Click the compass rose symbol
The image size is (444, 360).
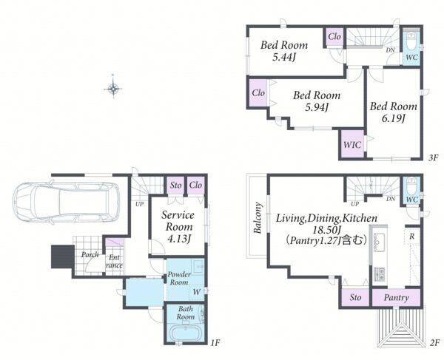[x=113, y=89]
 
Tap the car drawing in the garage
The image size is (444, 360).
[x=66, y=202]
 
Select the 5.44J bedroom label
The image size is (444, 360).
[x=284, y=51]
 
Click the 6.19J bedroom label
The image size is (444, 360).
[x=394, y=112]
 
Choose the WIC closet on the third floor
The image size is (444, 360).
[x=352, y=144]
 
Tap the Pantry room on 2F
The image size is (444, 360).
[x=396, y=297]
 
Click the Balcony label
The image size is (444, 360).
[x=258, y=217]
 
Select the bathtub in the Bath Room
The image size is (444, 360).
[x=186, y=333]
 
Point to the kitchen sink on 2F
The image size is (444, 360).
[x=378, y=242]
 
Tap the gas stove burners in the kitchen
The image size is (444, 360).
[x=379, y=274]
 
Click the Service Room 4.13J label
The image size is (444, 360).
[x=178, y=227]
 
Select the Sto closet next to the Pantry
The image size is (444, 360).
[x=355, y=297]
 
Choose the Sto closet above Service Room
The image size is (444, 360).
[x=175, y=186]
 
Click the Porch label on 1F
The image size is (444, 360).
[x=90, y=254]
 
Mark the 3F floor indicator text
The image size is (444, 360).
[x=433, y=157]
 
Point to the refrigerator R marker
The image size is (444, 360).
[x=412, y=236]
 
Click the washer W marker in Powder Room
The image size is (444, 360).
[x=197, y=292]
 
